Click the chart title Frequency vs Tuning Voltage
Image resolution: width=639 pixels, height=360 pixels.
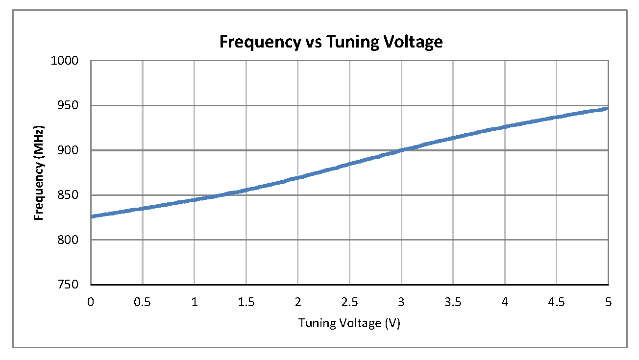331,42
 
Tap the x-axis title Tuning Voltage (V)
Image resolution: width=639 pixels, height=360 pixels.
349,323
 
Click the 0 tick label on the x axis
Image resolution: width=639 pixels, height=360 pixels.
91,302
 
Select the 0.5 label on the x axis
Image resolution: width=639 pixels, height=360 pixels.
143,302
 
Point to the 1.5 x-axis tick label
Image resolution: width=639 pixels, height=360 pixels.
246,302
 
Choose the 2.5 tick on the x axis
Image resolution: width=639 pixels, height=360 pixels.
349,302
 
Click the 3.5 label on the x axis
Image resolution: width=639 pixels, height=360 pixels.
453,302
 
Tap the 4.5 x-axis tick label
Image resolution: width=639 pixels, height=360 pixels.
556,302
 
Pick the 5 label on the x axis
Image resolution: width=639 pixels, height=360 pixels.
608,302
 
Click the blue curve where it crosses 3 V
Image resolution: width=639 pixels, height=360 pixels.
401,150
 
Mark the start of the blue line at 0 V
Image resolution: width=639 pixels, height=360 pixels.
92,216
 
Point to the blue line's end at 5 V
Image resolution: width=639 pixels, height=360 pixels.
607,108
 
